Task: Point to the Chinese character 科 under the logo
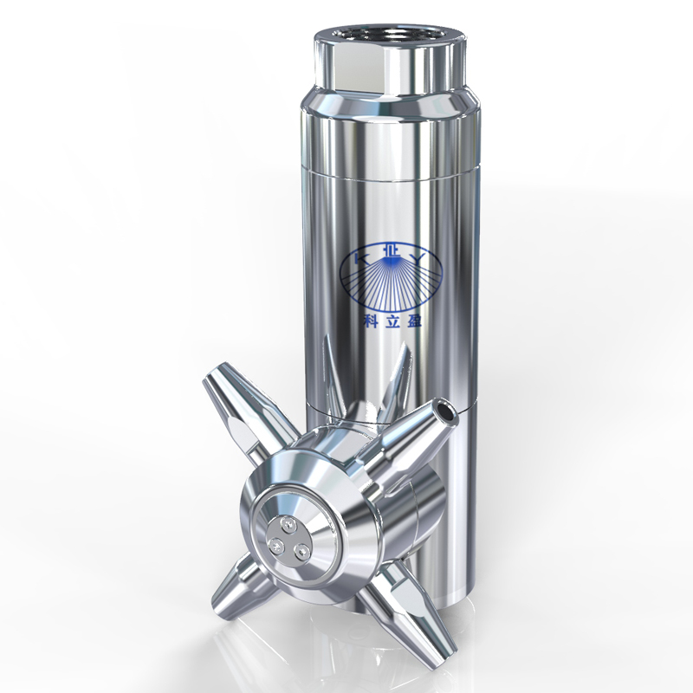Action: point(371,321)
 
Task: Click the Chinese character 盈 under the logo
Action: point(413,321)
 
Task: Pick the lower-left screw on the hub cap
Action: point(276,545)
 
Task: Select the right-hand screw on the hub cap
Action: point(302,551)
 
